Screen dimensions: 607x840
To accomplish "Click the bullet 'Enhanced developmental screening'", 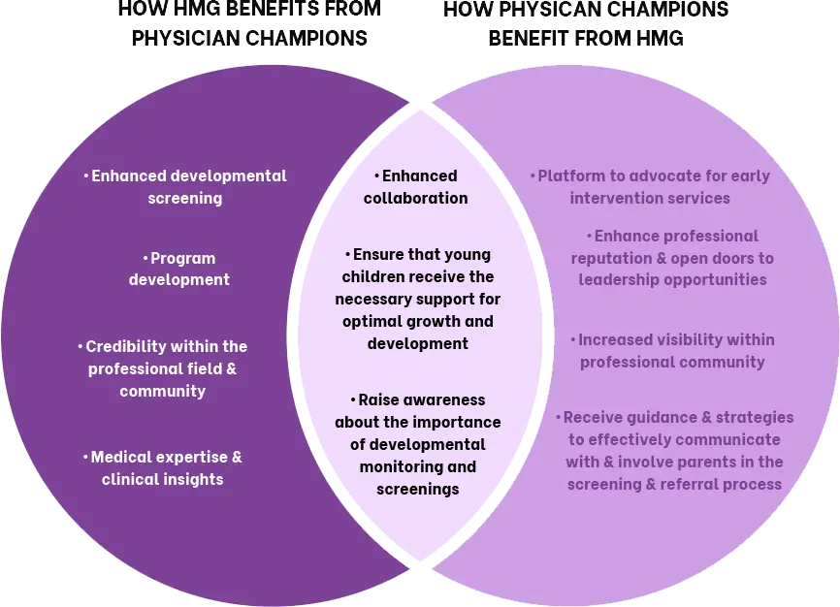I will pyautogui.click(x=184, y=187).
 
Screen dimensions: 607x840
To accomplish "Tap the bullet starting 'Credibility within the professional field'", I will pyautogui.click(x=162, y=368).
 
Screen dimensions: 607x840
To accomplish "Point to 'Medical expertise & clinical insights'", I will pyautogui.click(x=162, y=467).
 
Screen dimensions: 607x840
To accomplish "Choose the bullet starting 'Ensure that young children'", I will pyautogui.click(x=417, y=299).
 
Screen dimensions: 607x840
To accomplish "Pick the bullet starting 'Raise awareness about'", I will pyautogui.click(x=417, y=444).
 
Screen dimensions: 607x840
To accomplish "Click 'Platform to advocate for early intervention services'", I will pyautogui.click(x=650, y=187).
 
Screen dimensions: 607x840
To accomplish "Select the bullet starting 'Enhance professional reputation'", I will pyautogui.click(x=672, y=258).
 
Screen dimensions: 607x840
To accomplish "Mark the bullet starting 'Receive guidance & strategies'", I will pyautogui.click(x=674, y=450).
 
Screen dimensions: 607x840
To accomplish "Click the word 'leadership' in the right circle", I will pyautogui.click(x=620, y=279).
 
